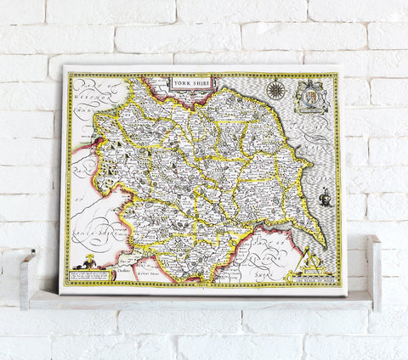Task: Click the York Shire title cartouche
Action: pos(193,84)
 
